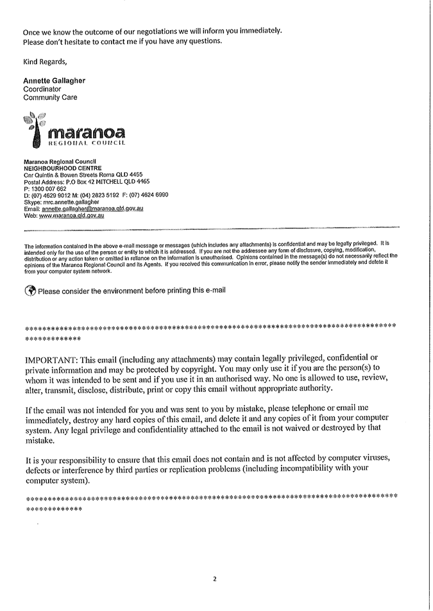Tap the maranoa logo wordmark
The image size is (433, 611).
(86, 133)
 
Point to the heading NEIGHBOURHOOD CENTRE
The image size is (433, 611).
(63, 168)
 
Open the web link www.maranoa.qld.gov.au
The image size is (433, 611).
(72, 216)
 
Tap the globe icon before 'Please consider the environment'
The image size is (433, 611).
(30, 290)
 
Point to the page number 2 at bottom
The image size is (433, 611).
(215, 579)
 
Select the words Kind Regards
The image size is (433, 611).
(44, 62)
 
